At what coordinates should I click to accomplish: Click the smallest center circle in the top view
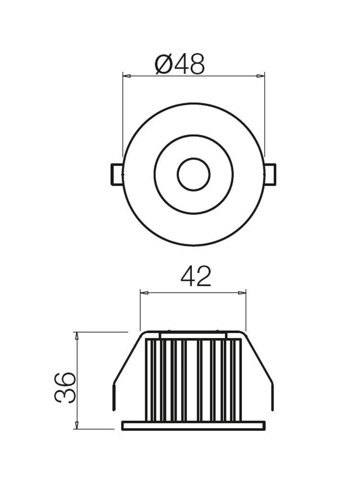(x=193, y=174)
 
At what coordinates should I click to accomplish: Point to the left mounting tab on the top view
(x=117, y=174)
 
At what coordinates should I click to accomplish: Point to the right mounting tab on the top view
(x=270, y=174)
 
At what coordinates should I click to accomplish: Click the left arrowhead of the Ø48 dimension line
(x=126, y=75)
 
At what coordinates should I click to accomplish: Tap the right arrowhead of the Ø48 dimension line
(x=261, y=75)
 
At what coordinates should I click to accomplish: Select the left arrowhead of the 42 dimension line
(x=144, y=292)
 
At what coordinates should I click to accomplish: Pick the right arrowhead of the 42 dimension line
(x=242, y=292)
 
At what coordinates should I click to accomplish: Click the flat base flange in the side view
(x=193, y=426)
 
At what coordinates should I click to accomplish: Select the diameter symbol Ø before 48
(x=164, y=64)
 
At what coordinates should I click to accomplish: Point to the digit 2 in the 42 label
(x=204, y=277)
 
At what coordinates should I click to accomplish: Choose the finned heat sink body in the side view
(x=193, y=379)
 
